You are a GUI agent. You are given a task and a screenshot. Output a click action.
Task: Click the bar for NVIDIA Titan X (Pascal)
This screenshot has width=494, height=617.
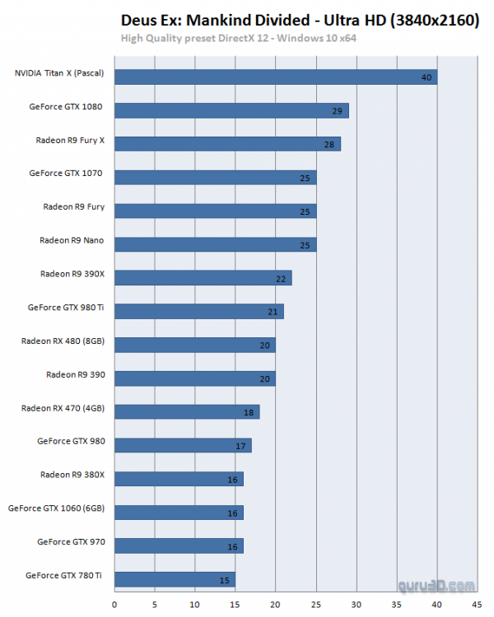(x=276, y=77)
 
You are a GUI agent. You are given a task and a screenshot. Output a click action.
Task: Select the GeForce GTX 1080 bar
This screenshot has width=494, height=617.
(x=231, y=110)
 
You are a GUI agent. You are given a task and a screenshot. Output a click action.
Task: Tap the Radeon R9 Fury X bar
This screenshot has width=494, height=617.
(x=227, y=144)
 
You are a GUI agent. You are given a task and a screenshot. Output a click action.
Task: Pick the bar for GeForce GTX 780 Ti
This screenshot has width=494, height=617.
(x=175, y=579)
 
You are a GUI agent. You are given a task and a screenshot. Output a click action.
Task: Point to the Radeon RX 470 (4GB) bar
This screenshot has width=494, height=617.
(x=187, y=411)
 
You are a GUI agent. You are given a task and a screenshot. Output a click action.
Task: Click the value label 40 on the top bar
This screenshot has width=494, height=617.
(x=426, y=77)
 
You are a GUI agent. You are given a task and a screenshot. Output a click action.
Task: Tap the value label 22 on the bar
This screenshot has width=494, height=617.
(x=281, y=279)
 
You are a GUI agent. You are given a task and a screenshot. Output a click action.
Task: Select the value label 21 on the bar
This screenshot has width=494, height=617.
(x=273, y=312)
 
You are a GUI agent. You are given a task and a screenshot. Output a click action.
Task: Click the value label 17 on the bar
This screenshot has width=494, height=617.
(x=240, y=446)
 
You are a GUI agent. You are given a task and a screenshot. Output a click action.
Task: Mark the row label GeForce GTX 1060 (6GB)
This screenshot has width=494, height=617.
(x=62, y=508)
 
